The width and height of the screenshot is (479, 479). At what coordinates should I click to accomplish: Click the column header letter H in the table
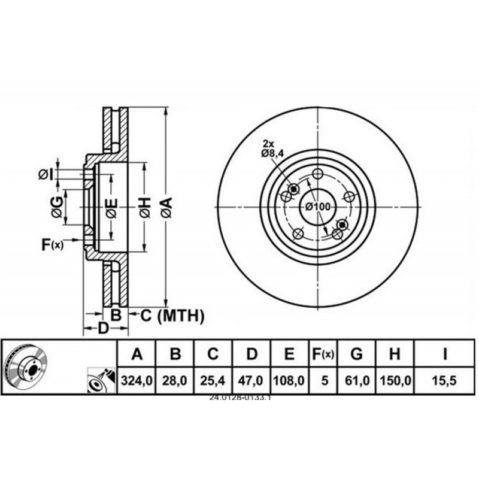394,354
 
